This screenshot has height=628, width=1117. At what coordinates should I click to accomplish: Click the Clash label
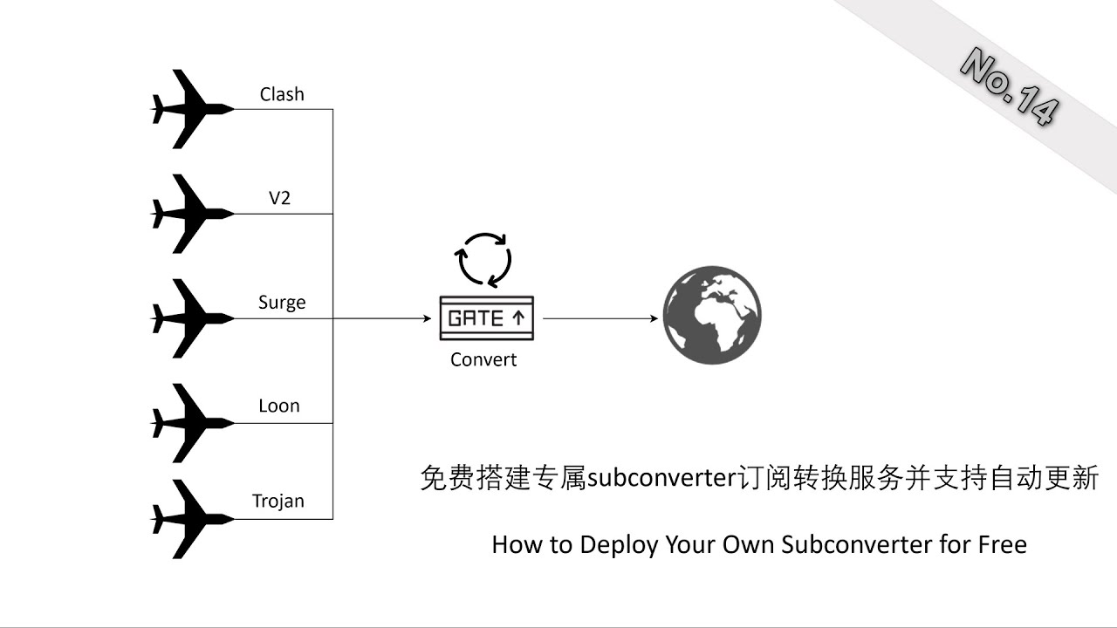(x=282, y=94)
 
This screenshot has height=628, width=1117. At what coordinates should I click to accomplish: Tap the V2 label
(x=279, y=198)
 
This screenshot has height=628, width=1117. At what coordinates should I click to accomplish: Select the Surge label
(x=282, y=303)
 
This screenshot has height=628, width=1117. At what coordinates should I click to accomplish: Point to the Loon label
(x=279, y=406)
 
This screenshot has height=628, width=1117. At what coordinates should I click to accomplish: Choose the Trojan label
(x=278, y=501)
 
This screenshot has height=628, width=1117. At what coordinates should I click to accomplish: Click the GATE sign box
(x=486, y=318)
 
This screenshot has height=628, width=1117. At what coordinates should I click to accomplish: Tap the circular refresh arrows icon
(x=484, y=259)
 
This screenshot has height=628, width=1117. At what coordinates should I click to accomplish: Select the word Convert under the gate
(x=483, y=359)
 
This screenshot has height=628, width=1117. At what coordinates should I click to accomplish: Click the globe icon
(x=712, y=315)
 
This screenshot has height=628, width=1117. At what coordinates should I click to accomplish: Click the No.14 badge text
(x=1011, y=87)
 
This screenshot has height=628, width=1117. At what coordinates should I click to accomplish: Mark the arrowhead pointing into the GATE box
(x=427, y=318)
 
